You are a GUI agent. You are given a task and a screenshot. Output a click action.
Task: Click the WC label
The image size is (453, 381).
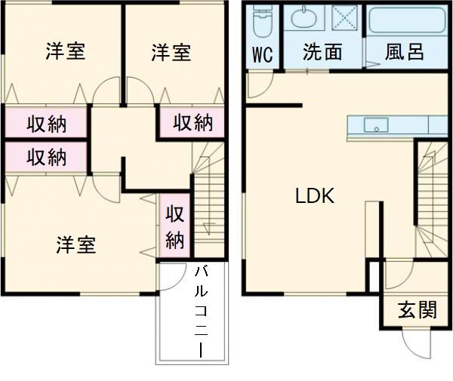[x=262, y=54]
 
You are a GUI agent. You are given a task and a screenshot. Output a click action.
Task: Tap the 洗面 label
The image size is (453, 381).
[x=322, y=52]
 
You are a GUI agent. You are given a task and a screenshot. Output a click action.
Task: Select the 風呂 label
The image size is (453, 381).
[x=404, y=52]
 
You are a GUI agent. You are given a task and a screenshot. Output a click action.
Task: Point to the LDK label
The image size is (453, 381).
[x=314, y=196]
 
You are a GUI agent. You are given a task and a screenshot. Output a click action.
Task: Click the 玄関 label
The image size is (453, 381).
[x=417, y=309]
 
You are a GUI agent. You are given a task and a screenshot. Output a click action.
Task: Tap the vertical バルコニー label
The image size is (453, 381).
[x=202, y=311]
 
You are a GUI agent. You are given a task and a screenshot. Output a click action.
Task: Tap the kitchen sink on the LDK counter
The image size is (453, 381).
[x=375, y=125]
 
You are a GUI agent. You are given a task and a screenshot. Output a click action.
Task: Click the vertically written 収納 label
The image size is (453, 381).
[x=175, y=226]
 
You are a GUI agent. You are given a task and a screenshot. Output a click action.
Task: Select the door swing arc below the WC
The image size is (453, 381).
[x=255, y=84]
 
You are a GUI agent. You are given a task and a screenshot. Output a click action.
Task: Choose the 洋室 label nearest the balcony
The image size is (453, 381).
[x=76, y=245]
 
